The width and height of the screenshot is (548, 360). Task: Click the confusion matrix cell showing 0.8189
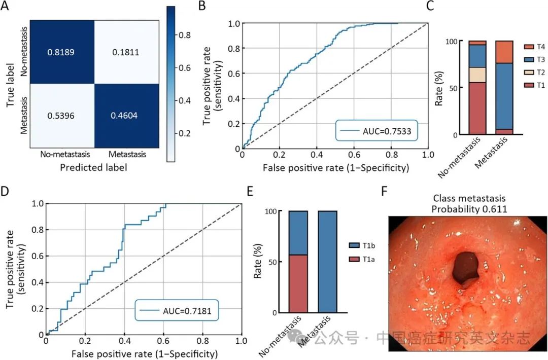[x=63, y=52]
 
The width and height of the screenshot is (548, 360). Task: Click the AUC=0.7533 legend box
[x=375, y=130]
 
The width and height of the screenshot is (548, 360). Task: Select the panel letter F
[x=385, y=192]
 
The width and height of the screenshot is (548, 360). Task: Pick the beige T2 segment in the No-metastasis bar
[x=477, y=75]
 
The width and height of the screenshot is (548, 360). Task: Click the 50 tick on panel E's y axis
[x=273, y=262]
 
